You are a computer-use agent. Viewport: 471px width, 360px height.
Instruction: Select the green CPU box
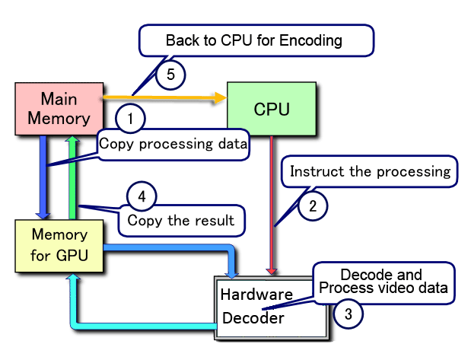coord(271,109)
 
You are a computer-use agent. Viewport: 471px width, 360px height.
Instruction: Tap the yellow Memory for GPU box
coord(59,244)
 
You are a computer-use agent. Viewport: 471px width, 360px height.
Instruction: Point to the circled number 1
coord(130,119)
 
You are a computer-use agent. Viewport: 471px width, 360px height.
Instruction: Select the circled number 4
coord(140,196)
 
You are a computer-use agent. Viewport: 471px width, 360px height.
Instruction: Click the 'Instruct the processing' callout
coord(371,171)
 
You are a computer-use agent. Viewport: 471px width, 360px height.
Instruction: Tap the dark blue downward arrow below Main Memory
coord(43,175)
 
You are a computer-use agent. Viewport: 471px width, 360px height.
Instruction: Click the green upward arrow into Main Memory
coord(72,175)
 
